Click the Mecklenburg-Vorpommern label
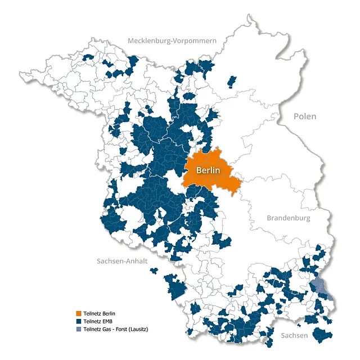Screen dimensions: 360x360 click(x=172, y=40)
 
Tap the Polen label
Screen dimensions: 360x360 click(x=304, y=116)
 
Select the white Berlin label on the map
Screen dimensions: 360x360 click(x=206, y=170)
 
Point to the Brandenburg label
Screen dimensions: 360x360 click(x=289, y=218)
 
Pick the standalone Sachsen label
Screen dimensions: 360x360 click(x=295, y=336)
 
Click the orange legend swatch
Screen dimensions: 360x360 click(x=79, y=313)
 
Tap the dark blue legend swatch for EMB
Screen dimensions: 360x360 click(x=79, y=321)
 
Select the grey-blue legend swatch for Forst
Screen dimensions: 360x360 click(x=79, y=329)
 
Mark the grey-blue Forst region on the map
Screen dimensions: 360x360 click(x=321, y=287)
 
